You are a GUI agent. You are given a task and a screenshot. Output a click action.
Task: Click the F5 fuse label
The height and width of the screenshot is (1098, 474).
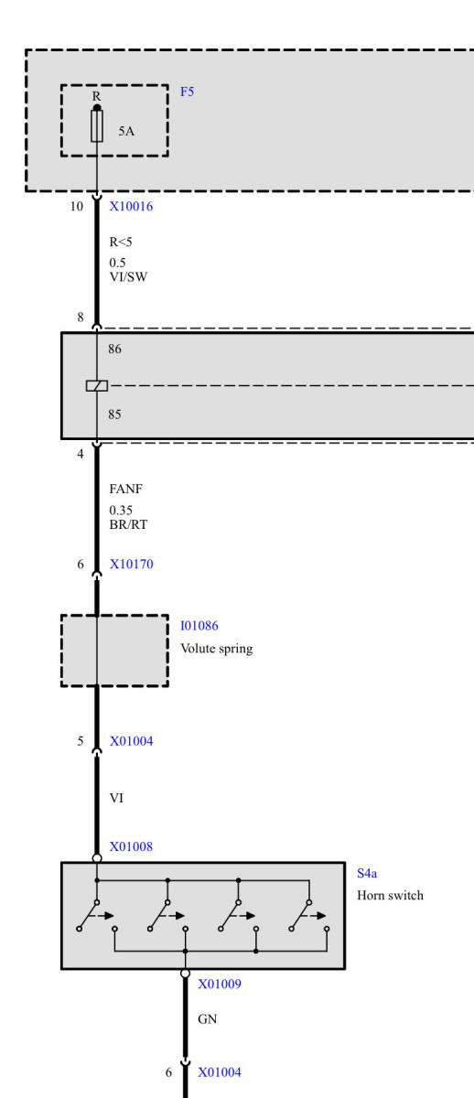pos(188,91)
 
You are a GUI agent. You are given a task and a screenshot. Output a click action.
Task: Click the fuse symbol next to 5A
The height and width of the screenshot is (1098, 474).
pos(97,126)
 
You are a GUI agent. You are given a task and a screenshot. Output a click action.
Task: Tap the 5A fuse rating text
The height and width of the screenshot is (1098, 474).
pos(126,131)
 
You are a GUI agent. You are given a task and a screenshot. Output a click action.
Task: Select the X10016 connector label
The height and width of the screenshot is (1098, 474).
pos(131,207)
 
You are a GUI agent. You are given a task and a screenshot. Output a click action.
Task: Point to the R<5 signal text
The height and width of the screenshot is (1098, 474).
pos(121,242)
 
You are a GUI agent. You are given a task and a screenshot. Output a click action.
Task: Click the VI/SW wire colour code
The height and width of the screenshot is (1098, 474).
pos(128,277)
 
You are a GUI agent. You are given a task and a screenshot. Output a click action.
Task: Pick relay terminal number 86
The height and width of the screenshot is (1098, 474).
pos(114,349)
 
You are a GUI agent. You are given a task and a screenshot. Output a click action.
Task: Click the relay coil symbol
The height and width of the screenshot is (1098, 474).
pos(97,386)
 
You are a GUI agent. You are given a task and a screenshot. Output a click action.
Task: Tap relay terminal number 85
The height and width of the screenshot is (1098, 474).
pos(114,414)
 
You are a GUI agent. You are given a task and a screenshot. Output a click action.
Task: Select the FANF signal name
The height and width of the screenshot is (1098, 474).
pos(126,490)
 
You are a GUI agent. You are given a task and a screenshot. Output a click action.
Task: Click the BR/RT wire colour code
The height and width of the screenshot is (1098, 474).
pos(128,524)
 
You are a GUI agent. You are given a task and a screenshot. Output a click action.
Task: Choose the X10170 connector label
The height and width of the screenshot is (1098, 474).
pos(132,565)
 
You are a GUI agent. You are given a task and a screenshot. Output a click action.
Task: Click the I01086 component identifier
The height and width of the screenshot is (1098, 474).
pos(199,626)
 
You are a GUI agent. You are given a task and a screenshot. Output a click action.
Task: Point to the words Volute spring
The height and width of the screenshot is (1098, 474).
pos(217,649)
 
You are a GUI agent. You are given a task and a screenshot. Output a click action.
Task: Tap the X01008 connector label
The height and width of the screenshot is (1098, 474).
pos(131,846)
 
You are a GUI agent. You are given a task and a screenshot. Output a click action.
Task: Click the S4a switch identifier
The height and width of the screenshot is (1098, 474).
pos(367,873)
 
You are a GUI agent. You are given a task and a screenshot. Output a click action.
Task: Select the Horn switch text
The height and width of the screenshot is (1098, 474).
pos(390,896)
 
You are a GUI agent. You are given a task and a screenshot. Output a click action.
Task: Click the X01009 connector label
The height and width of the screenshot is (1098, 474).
pos(220,984)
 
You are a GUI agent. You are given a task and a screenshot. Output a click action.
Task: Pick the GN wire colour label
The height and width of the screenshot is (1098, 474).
pos(208,1019)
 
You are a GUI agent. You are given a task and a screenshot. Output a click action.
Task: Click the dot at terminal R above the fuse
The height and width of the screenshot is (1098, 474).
pos(97,108)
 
